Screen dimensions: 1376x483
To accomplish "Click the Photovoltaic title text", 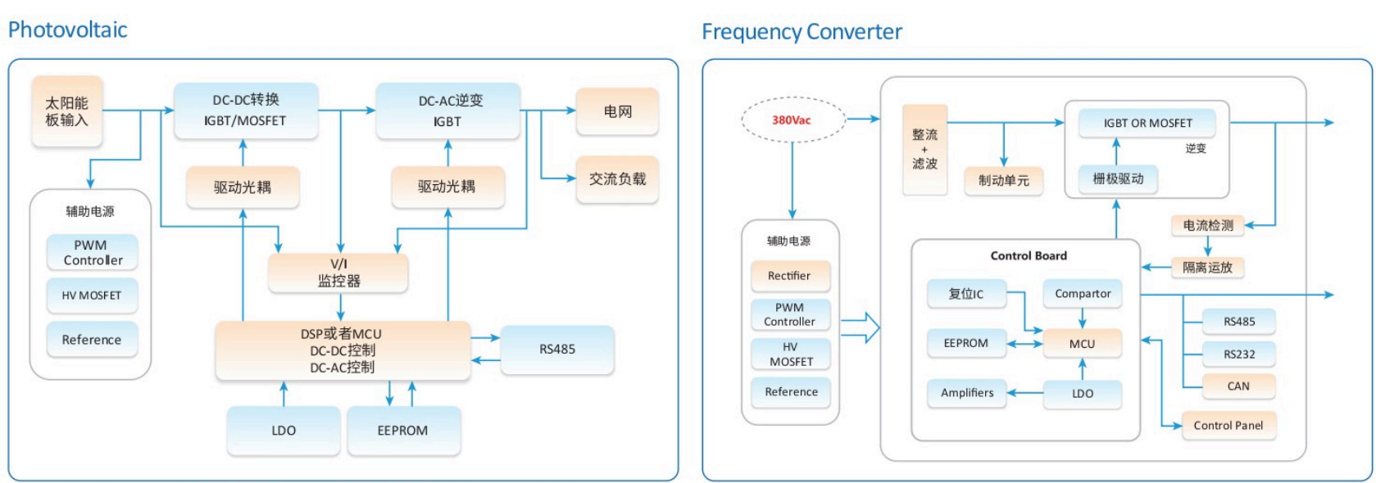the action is coord(67,29).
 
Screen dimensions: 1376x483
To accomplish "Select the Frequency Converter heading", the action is coord(802,31).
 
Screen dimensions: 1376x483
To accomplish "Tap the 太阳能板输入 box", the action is coord(67,111).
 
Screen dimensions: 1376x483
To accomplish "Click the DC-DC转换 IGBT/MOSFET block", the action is coord(246,111).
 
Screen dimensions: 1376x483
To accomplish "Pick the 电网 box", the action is coord(617,111).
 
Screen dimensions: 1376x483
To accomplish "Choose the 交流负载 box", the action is coord(617,179).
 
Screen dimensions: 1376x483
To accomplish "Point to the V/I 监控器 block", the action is coord(338,273).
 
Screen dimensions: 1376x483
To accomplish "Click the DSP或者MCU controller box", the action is coord(343,350).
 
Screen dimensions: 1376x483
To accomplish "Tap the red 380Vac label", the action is coord(791,120).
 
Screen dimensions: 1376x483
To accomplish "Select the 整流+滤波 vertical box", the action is coord(924,150).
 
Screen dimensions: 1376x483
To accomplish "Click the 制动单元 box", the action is coord(1004,180).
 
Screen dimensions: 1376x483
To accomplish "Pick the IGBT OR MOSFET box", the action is coord(1147,123).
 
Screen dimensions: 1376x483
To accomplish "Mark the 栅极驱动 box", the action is coord(1118,178).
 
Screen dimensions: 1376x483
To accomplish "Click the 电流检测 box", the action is coord(1208,225).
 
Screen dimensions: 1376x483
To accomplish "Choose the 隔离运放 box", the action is coord(1208,268).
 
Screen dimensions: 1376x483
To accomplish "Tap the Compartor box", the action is coord(1083,293).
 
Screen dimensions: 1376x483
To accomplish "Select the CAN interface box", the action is coord(1238,386).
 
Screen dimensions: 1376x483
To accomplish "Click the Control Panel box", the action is coord(1228,426).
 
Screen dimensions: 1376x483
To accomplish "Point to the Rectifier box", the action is coord(790,276).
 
